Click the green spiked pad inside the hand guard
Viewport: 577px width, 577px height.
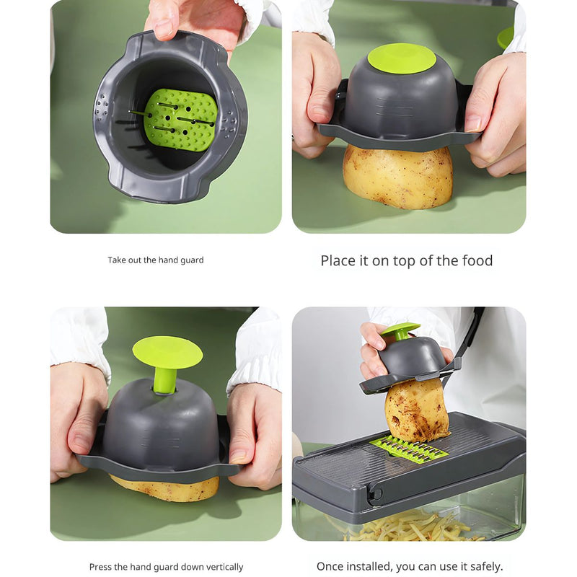point(180,119)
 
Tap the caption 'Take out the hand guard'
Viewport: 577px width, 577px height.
point(156,260)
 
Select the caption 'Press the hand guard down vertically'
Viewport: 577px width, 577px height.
point(166,567)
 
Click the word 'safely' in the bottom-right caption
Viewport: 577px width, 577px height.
point(480,566)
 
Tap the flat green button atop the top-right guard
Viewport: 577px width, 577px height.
point(402,58)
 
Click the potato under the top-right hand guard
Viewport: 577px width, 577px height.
point(397,177)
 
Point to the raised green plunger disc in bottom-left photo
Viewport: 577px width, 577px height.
point(167,352)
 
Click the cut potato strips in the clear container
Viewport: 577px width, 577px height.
point(411,527)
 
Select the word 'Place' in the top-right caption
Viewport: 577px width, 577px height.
point(339,260)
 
